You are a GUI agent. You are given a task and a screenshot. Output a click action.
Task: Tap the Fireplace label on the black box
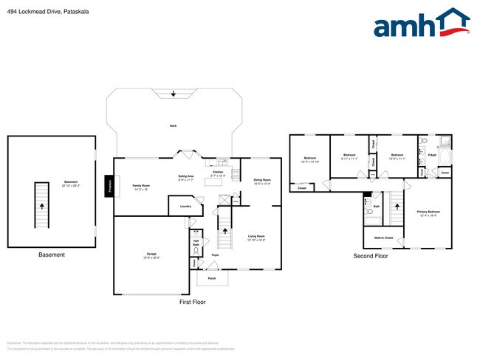[x=109, y=186]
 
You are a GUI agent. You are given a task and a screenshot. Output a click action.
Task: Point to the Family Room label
[x=141, y=187]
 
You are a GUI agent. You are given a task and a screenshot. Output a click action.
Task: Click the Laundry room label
[x=185, y=206]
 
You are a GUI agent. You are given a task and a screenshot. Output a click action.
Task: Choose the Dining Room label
[x=262, y=181]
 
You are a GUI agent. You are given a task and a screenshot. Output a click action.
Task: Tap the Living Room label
[x=256, y=238]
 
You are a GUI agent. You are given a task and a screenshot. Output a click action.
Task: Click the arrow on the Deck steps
[x=173, y=94]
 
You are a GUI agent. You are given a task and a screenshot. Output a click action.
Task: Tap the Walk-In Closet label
[x=383, y=238]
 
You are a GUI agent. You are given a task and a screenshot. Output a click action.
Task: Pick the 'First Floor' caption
[x=192, y=302]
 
